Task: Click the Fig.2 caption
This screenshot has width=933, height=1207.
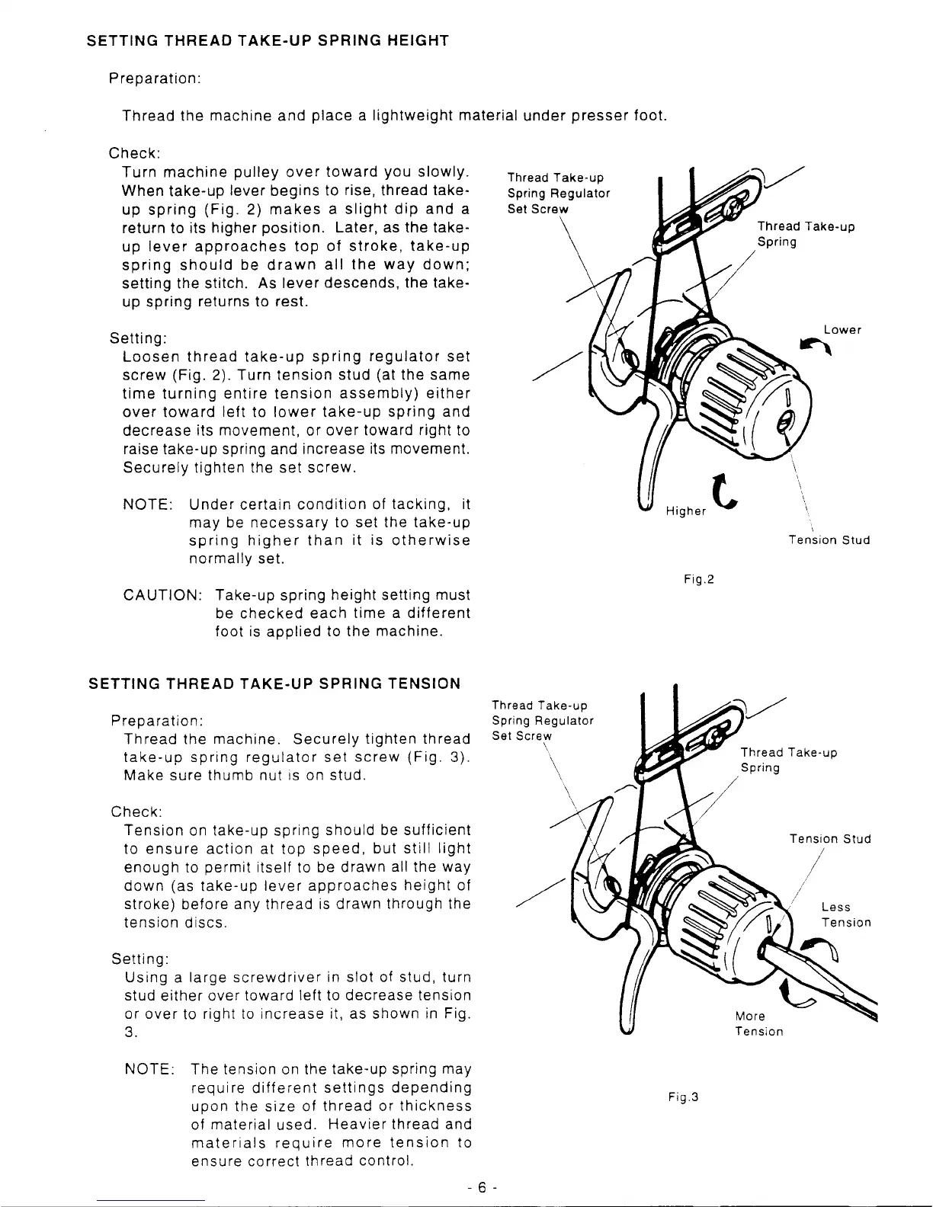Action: click(698, 580)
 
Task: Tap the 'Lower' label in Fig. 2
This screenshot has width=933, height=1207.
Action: click(842, 330)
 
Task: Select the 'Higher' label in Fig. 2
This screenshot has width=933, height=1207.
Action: click(685, 511)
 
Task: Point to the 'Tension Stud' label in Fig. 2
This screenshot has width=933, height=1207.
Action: click(829, 540)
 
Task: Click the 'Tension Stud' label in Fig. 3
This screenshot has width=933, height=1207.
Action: click(830, 839)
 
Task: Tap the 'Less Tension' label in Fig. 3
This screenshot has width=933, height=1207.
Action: click(845, 914)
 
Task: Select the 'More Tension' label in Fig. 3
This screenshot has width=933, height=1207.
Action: click(758, 1023)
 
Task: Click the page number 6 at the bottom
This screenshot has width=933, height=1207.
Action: click(483, 1187)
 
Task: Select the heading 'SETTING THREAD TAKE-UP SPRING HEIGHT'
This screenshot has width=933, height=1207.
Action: click(267, 40)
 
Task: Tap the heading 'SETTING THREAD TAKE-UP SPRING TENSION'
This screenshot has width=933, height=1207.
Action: click(274, 684)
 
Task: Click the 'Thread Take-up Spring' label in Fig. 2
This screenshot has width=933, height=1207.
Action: click(805, 234)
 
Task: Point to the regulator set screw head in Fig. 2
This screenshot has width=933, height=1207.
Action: click(736, 203)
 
